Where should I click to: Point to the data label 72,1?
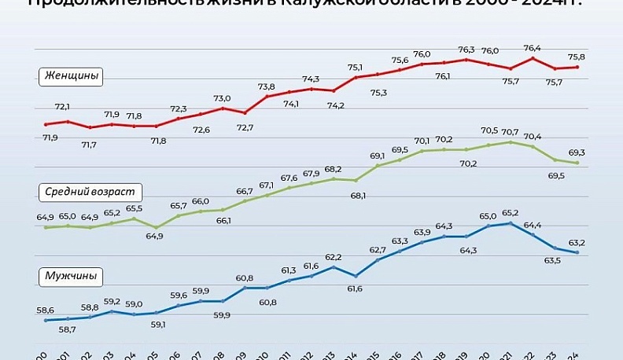click(x=62, y=107)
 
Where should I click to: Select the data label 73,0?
click(x=223, y=98)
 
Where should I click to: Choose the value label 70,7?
click(x=510, y=132)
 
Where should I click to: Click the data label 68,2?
click(x=333, y=169)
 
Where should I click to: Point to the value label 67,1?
click(x=267, y=185)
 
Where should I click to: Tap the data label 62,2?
click(x=333, y=257)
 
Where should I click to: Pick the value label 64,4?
click(x=533, y=225)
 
